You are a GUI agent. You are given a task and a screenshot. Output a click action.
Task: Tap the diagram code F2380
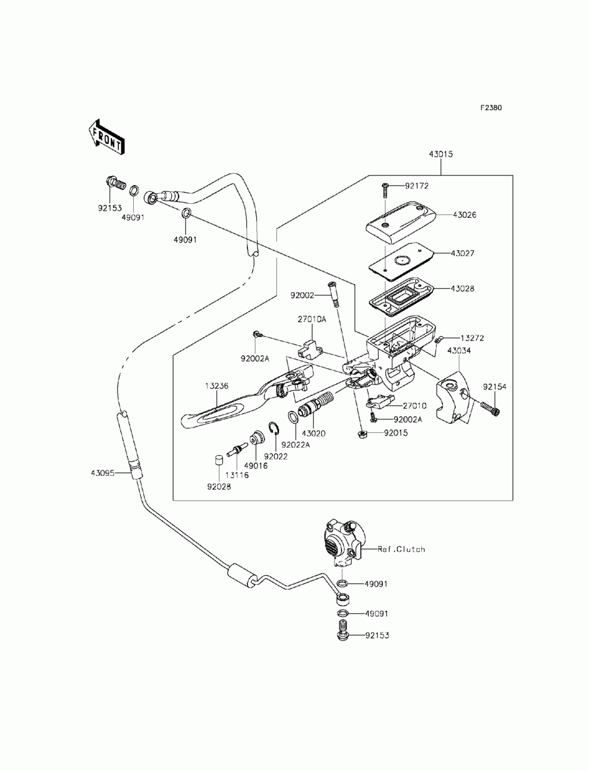pyautogui.click(x=491, y=108)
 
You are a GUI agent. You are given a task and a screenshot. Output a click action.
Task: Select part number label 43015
pyautogui.click(x=441, y=154)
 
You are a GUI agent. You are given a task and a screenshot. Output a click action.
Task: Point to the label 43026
pyautogui.click(x=464, y=214)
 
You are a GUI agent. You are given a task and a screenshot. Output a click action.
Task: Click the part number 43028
pyautogui.click(x=462, y=289)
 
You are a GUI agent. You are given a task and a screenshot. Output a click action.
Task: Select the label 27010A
pyautogui.click(x=312, y=319)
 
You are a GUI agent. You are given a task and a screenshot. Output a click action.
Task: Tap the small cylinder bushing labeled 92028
pyautogui.click(x=219, y=460)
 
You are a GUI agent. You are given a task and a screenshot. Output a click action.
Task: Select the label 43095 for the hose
pyautogui.click(x=102, y=473)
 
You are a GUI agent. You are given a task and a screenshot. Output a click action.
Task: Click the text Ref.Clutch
pyautogui.click(x=401, y=549)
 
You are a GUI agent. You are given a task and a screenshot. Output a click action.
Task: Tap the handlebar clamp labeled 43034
pyautogui.click(x=453, y=399)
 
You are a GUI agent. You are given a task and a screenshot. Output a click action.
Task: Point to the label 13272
pyautogui.click(x=472, y=338)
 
